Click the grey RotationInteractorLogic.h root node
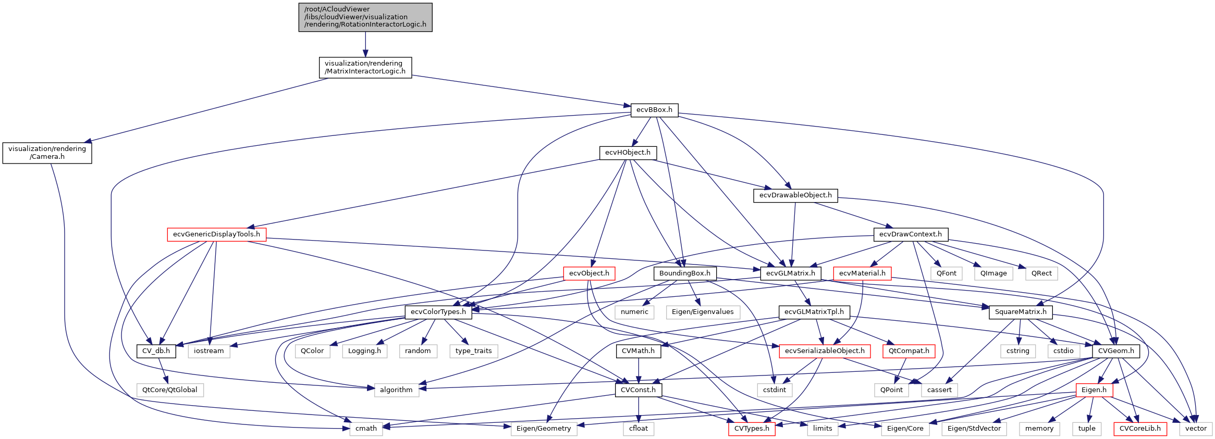point(365,17)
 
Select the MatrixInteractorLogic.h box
point(365,68)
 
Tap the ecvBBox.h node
point(654,110)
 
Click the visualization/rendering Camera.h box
point(47,153)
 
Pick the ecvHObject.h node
point(628,153)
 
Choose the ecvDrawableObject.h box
point(795,195)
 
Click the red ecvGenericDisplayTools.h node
point(216,234)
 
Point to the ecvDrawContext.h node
point(910,234)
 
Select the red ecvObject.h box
point(589,273)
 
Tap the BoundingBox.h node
point(684,273)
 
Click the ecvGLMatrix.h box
point(790,273)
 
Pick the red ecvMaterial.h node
point(862,273)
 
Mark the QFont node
point(946,273)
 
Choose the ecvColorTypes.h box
point(438,312)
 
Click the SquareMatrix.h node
point(1020,312)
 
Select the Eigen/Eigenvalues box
point(702,312)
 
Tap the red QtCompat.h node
point(909,351)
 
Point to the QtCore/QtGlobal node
point(169,390)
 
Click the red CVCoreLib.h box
point(1139,429)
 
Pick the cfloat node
point(638,429)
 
